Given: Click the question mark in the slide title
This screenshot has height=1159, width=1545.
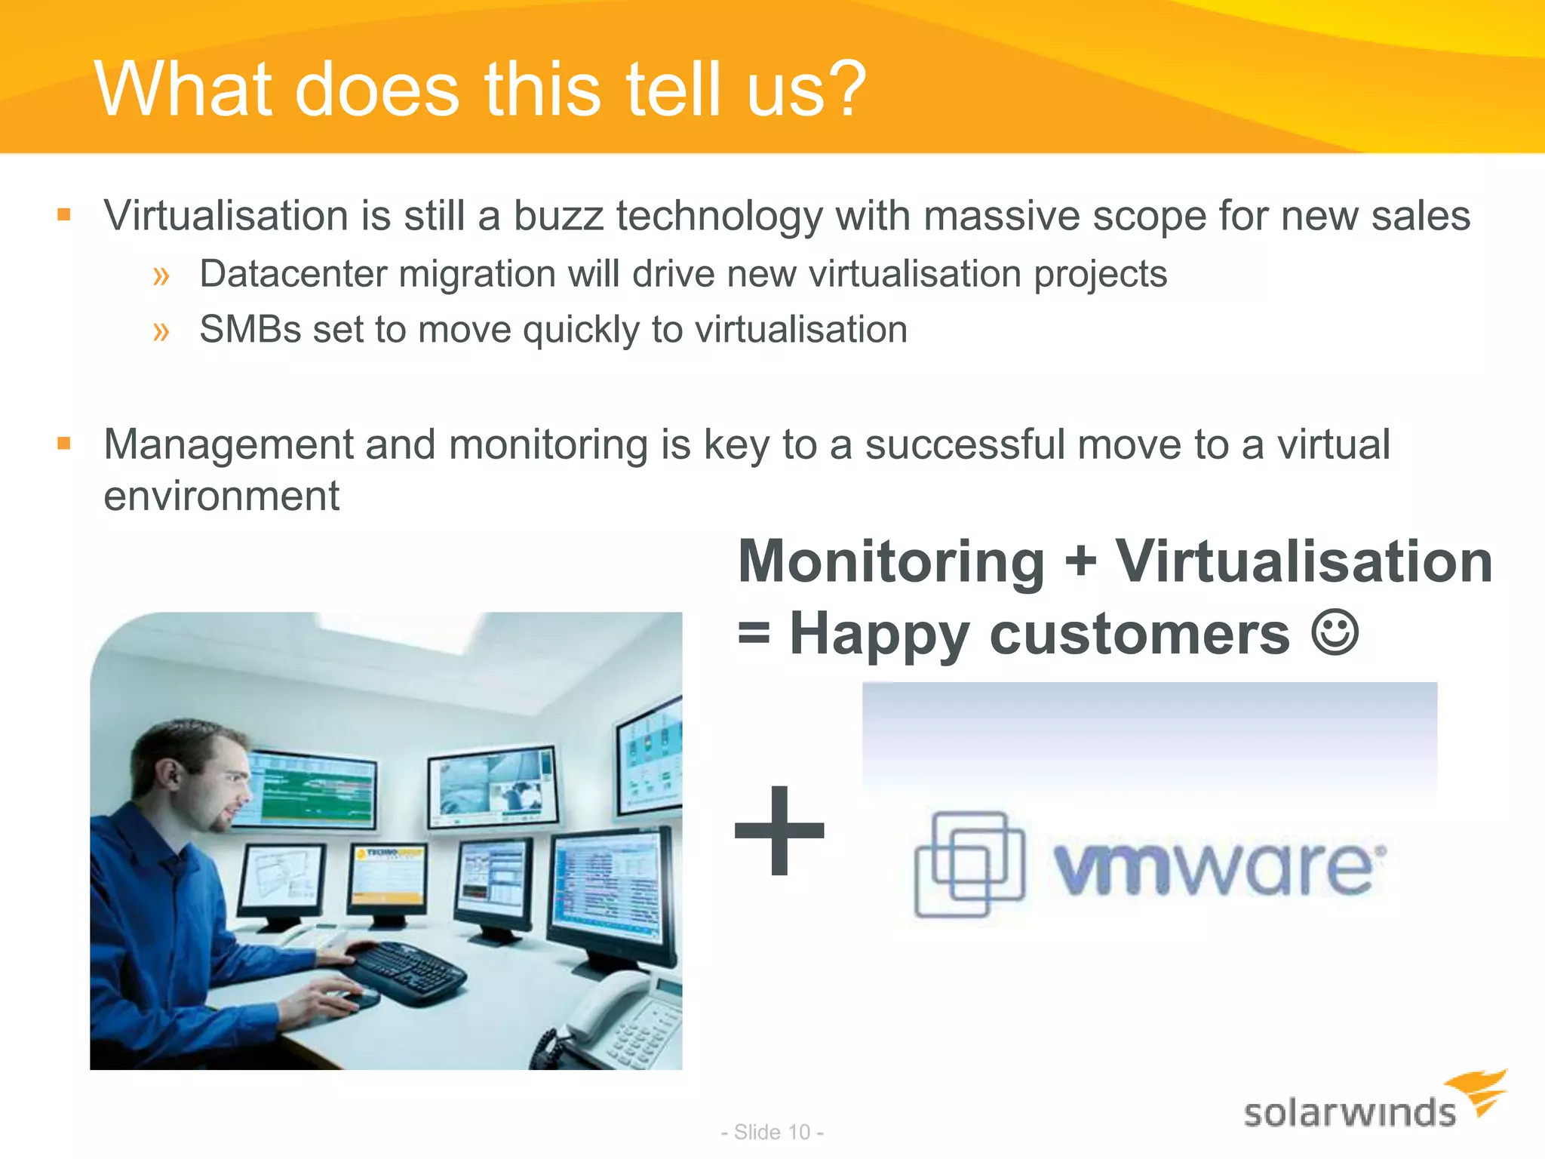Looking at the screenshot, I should (x=843, y=90).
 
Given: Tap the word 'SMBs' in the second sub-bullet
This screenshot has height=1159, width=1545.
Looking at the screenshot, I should (x=250, y=330).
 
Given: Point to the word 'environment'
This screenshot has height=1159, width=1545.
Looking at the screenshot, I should (x=221, y=496).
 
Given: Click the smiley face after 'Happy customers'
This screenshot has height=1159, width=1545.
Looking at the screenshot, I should (x=1335, y=632).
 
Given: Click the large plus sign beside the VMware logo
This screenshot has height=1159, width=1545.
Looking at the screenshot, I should (x=780, y=831).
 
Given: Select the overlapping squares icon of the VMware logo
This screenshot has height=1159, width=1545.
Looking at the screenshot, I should (x=969, y=863).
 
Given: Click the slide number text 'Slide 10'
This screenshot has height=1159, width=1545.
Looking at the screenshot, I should (x=772, y=1132).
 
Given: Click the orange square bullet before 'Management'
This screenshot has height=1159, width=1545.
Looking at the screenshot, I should (x=64, y=443).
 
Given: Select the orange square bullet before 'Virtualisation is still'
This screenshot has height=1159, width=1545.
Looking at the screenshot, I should (x=64, y=215).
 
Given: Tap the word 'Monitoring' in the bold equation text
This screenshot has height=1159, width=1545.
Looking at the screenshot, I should (x=891, y=562).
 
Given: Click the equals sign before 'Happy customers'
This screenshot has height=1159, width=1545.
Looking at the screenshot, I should (x=754, y=634).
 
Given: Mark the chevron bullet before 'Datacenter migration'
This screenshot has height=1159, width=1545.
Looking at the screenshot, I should (x=161, y=275).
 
